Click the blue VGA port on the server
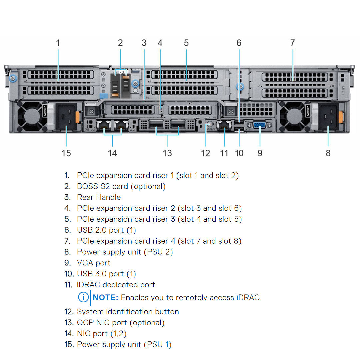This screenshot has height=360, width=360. tap(260, 125)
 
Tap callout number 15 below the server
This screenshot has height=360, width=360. tap(66, 153)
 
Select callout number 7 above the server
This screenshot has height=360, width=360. tap(292, 43)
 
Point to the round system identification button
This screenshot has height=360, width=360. tap(209, 126)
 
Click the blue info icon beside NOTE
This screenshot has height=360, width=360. tap(83, 297)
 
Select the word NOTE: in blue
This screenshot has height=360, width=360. tap(106, 297)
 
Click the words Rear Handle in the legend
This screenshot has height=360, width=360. tap(99, 197)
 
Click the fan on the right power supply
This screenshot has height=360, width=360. tap(292, 116)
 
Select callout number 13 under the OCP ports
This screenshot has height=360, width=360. tap(167, 153)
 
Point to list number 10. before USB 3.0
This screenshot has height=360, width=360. tap(69, 274)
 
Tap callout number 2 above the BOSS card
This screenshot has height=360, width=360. tap(120, 43)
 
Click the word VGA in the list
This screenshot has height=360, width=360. tap(85, 263)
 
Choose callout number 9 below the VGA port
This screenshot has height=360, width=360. tap(260, 153)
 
